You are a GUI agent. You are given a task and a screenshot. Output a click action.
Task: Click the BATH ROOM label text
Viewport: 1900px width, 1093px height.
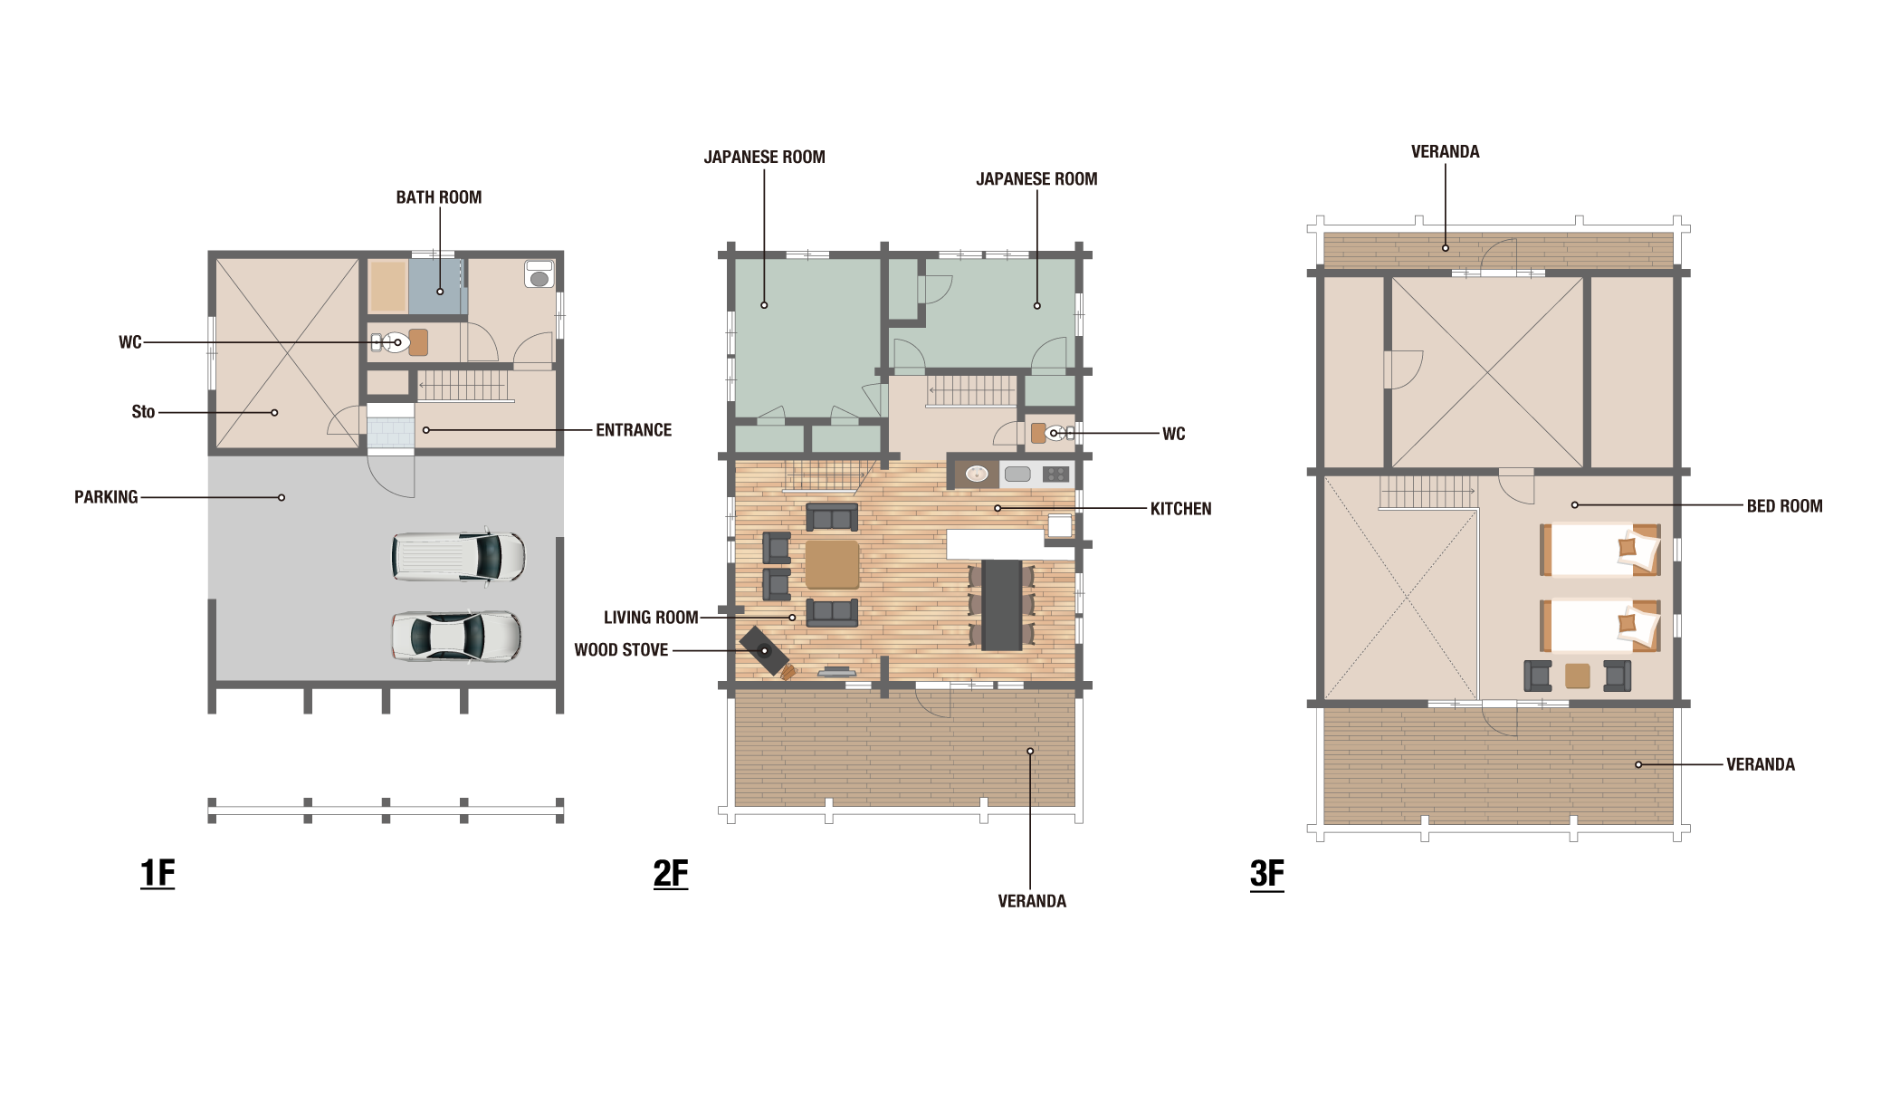[x=439, y=197]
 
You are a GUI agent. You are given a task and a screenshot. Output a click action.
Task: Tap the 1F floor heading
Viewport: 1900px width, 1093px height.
[x=158, y=874]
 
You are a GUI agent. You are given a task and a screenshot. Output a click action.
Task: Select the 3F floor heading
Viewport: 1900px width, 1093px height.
[x=1267, y=874]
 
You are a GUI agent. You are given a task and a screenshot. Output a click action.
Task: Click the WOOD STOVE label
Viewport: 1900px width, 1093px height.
[x=621, y=650]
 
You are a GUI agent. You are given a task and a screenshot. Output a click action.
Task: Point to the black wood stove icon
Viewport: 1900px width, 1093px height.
[x=764, y=650]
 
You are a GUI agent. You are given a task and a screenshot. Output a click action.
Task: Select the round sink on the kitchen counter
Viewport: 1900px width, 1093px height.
[x=977, y=474]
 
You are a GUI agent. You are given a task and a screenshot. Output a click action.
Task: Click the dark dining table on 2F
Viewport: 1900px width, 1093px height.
[x=1002, y=604]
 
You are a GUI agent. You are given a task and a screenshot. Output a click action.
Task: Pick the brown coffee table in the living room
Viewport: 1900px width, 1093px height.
[x=832, y=564]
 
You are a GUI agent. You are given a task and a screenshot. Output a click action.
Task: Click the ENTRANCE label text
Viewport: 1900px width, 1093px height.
[x=634, y=430]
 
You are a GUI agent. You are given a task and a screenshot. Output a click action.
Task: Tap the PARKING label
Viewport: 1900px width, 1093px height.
[x=106, y=497]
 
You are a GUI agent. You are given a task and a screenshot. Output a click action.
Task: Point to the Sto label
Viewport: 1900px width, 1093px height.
[x=143, y=412]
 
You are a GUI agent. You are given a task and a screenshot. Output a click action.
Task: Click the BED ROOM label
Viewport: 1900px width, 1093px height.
[x=1784, y=506]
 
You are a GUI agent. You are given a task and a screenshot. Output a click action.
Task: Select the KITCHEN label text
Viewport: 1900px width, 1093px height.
[x=1180, y=509]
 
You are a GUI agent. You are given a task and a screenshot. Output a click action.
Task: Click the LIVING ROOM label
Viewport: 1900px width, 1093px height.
[x=651, y=618]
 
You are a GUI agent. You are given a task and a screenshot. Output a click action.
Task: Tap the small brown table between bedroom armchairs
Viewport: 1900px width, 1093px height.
[x=1578, y=676]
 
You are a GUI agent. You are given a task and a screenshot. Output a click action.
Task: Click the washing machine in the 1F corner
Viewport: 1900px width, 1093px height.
[x=539, y=273]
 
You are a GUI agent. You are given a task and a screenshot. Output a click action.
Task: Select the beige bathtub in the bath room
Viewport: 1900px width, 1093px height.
[x=387, y=286]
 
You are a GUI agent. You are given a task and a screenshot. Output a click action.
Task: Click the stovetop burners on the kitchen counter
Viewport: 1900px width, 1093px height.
[x=1055, y=474]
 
